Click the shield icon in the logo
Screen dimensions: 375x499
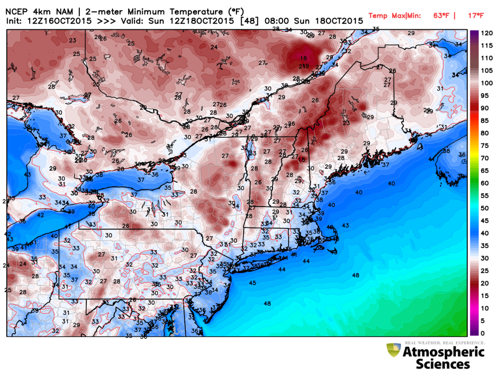coord(393,351)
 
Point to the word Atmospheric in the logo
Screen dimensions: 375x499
coord(443,352)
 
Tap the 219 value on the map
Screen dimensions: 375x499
coord(304,66)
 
